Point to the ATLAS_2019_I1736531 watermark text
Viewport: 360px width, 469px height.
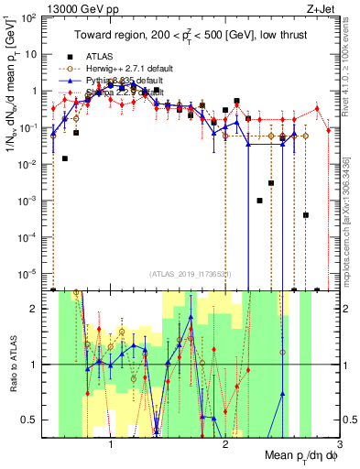coord(190,275)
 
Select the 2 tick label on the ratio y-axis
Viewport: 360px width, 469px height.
coord(34,309)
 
